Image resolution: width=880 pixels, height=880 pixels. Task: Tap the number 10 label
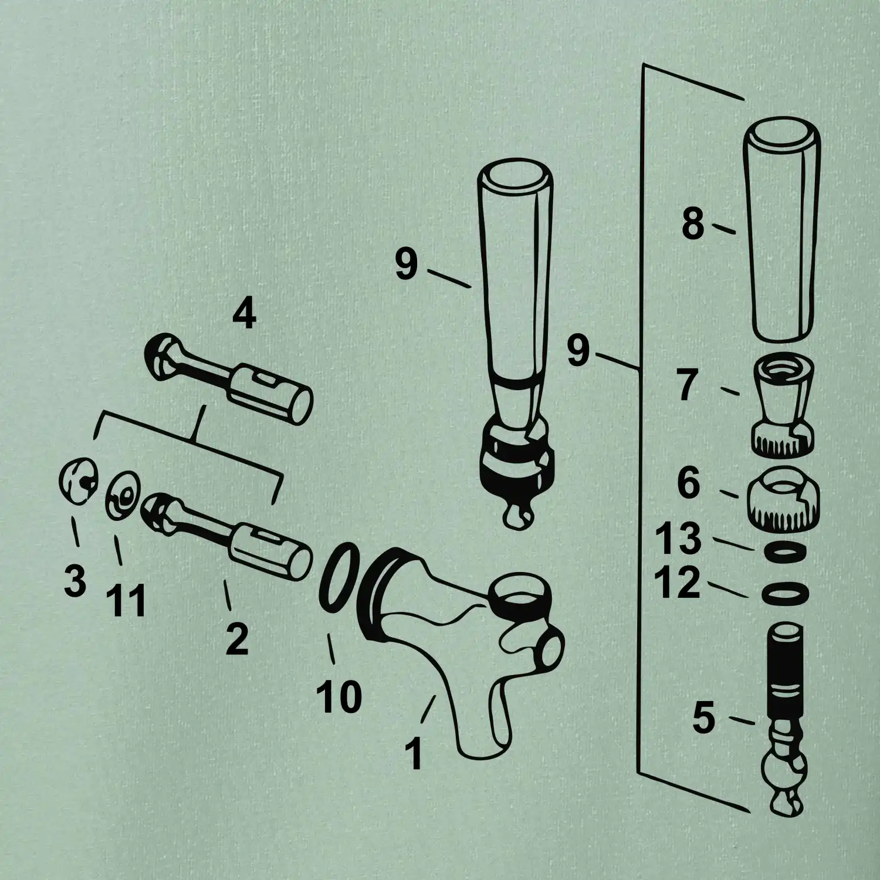(x=339, y=696)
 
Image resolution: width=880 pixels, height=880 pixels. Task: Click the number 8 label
(x=692, y=225)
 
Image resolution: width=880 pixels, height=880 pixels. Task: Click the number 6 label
(x=688, y=483)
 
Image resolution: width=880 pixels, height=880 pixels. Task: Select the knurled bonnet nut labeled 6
(x=784, y=496)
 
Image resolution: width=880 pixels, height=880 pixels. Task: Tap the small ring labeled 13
(x=786, y=551)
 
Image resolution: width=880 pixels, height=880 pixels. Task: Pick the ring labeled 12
(x=786, y=593)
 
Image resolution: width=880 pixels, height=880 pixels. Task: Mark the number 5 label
(x=704, y=719)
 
